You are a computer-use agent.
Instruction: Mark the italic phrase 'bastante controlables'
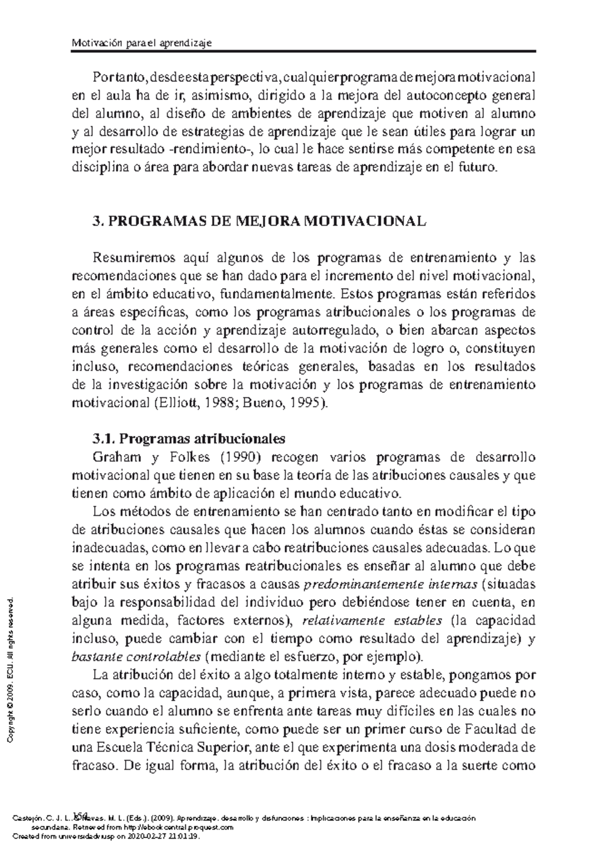click(x=137, y=657)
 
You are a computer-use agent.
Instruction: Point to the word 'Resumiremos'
click(x=133, y=258)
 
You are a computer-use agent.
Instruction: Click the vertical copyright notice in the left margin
click(x=11, y=670)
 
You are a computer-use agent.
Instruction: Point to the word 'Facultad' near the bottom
click(x=484, y=730)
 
